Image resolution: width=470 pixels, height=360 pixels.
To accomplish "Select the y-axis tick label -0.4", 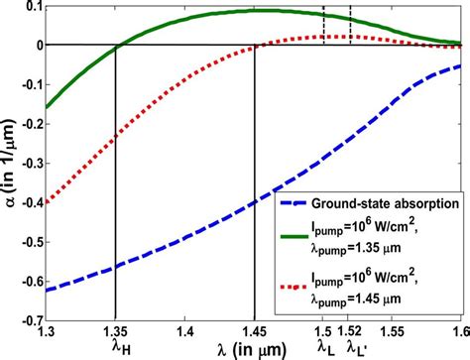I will click(x=27, y=203).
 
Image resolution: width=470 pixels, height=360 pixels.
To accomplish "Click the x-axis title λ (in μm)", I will click(x=249, y=349).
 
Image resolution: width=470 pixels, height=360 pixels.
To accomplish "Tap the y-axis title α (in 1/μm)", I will click(x=9, y=165).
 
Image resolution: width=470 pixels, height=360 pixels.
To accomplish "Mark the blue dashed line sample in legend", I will click(x=299, y=197).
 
